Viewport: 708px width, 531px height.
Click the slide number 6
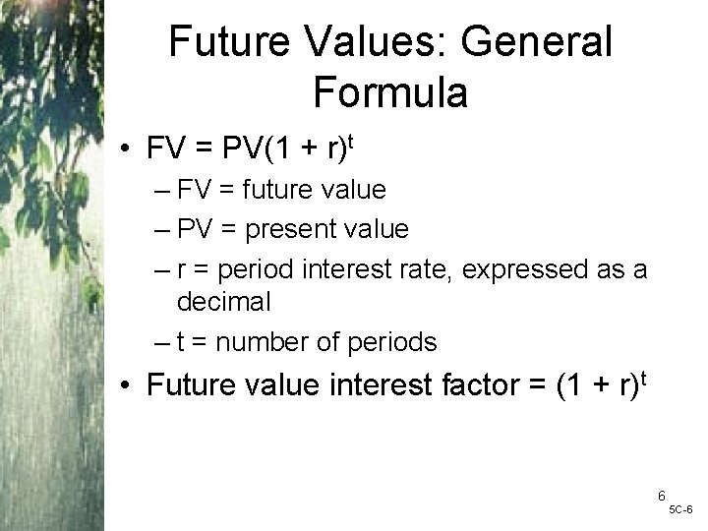coord(662,497)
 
